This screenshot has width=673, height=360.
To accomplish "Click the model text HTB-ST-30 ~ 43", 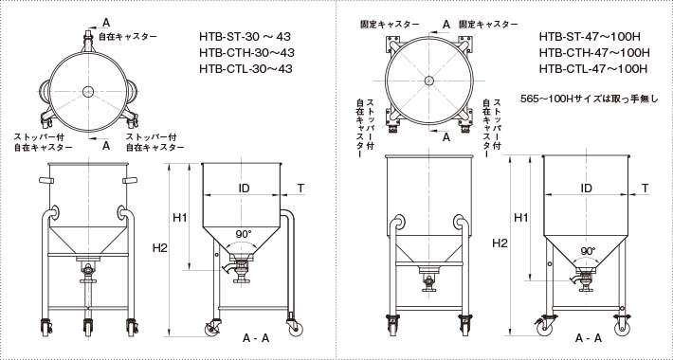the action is [x=246, y=36].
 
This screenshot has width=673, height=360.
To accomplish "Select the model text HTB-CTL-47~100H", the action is [x=593, y=68].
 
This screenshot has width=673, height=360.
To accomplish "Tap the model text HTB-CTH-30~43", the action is [x=246, y=53].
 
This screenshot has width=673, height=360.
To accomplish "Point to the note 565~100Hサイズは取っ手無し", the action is [x=589, y=99].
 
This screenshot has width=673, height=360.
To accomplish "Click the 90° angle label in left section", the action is [x=244, y=234].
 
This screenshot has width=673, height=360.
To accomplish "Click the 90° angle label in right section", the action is [x=589, y=251].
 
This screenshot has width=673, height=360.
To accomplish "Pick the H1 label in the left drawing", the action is [x=180, y=218].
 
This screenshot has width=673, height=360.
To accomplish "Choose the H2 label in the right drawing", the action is [x=500, y=243].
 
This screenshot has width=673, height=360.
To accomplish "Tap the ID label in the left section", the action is [x=244, y=188].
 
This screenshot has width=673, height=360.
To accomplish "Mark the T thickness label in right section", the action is [x=646, y=188].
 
